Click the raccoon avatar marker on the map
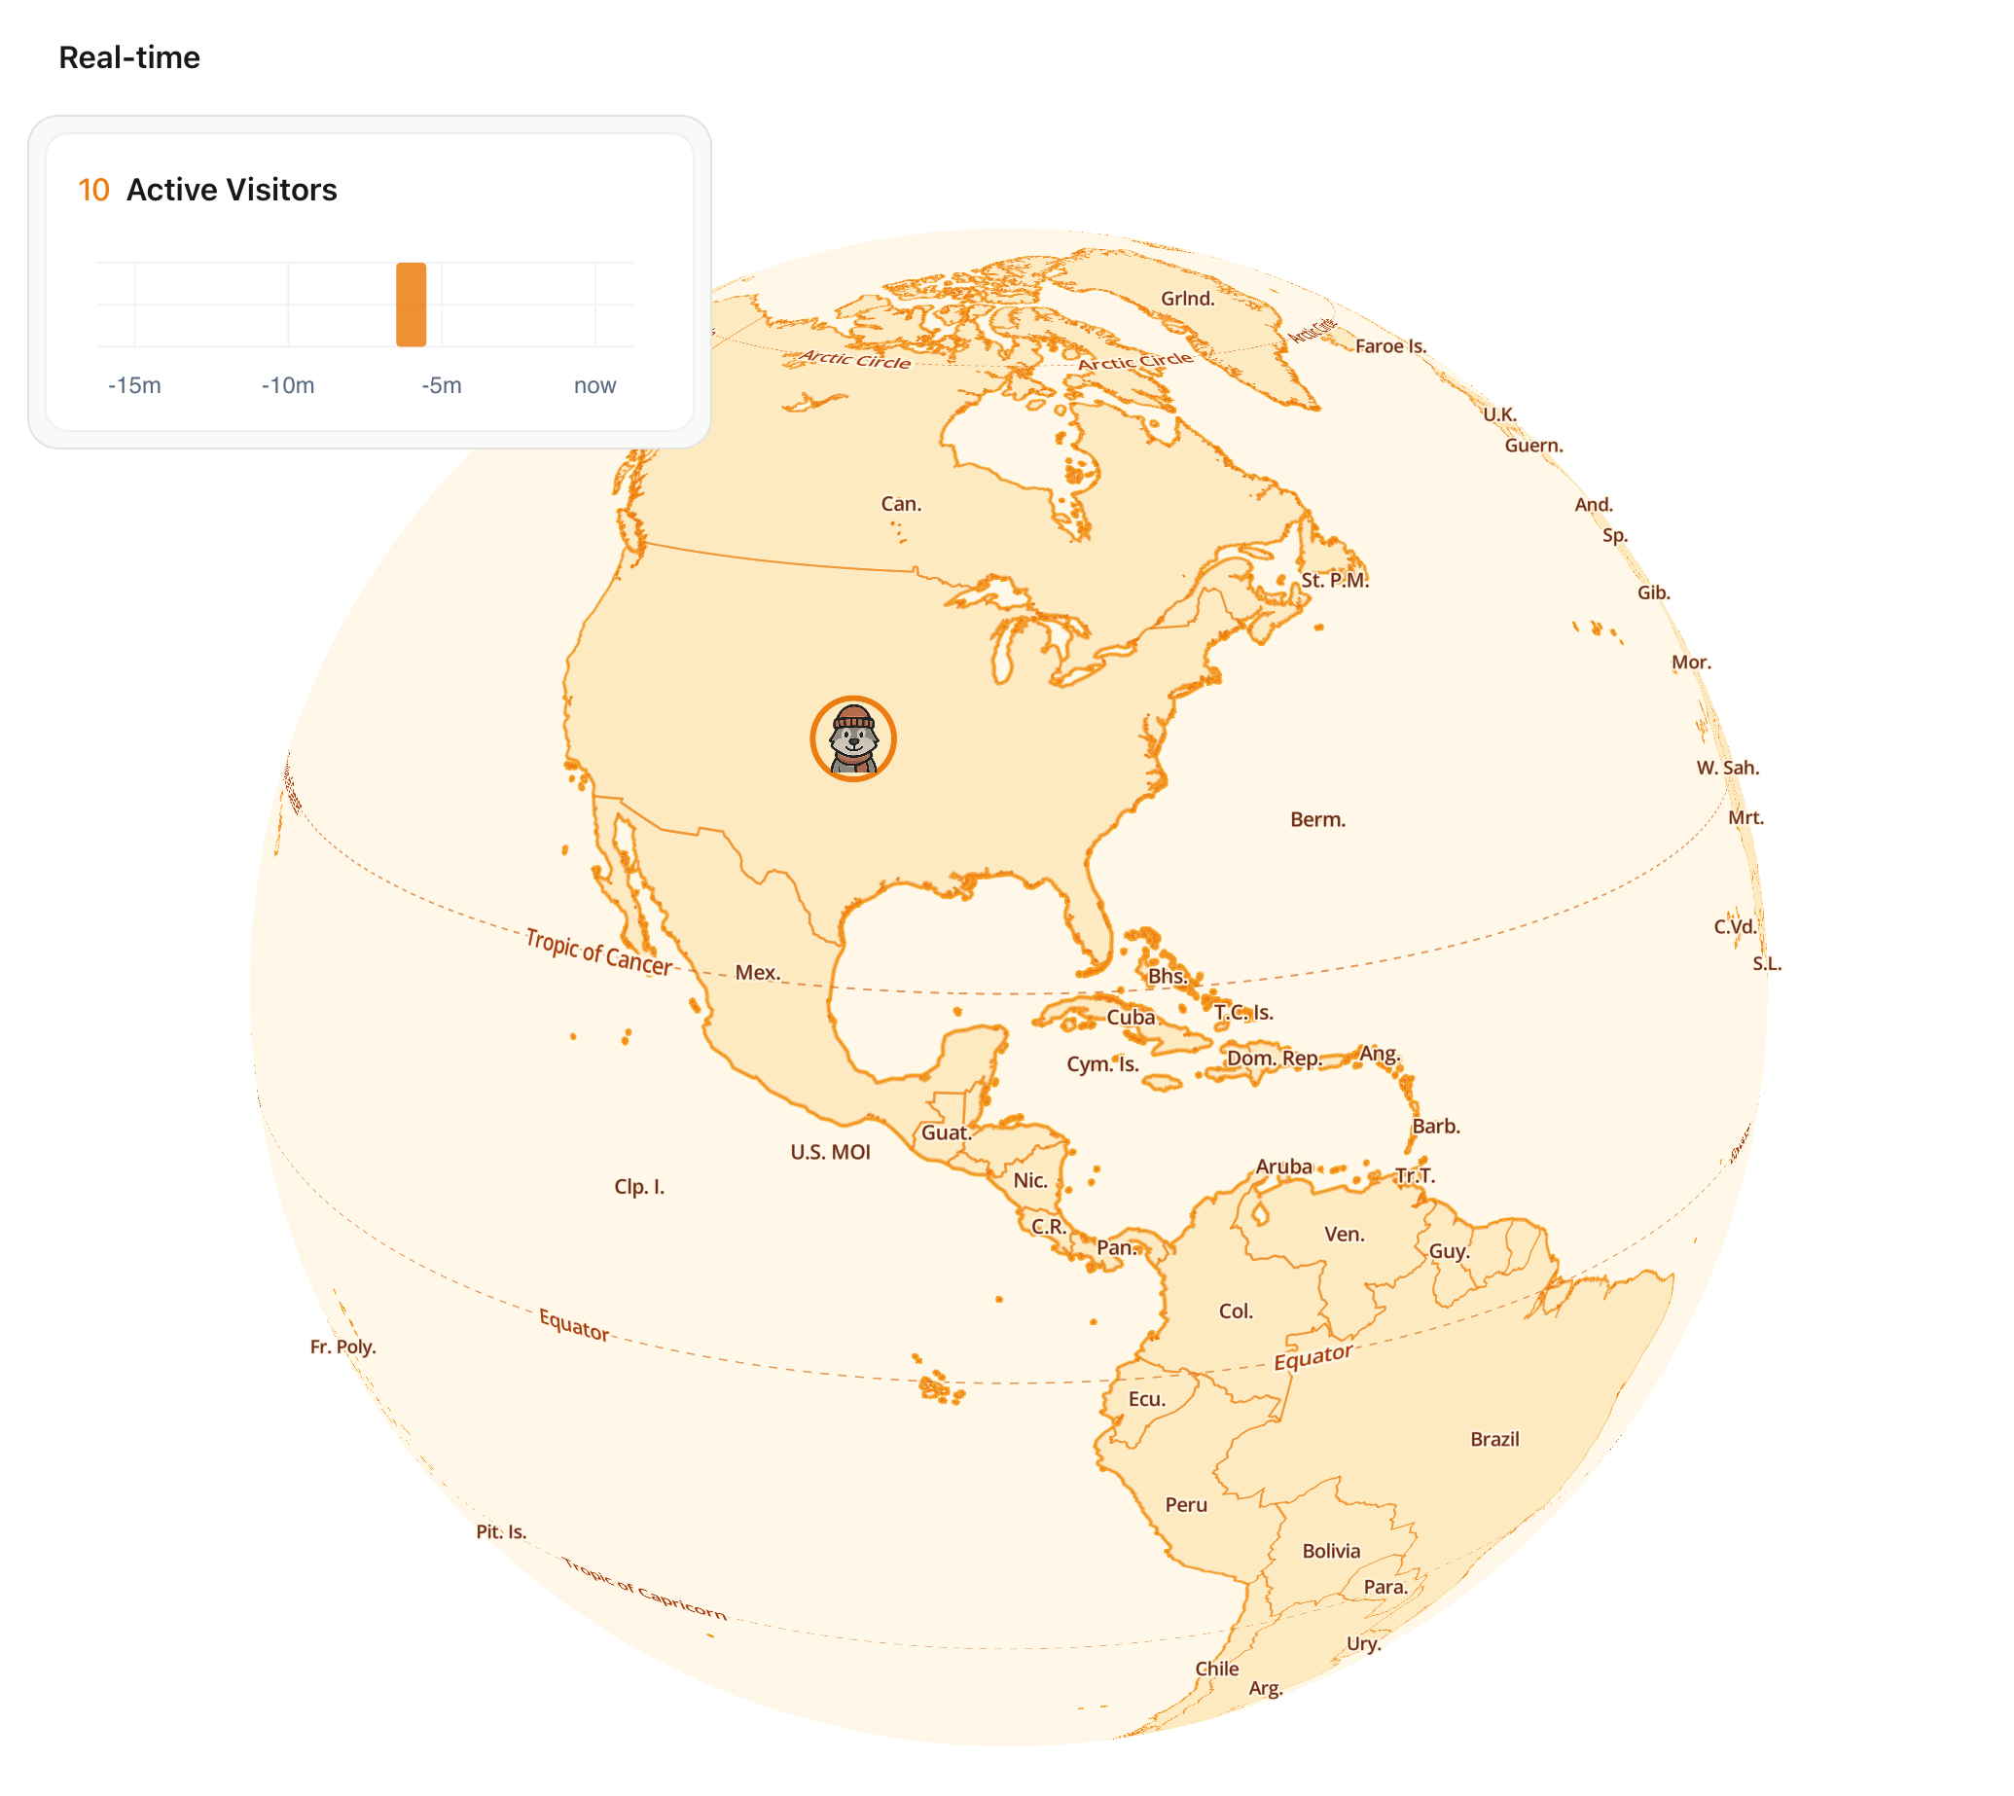tap(852, 739)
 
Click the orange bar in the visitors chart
tap(411, 304)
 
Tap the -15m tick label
tap(134, 385)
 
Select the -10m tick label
tap(287, 385)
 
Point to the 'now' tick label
tap(594, 385)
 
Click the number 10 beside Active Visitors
tap(93, 190)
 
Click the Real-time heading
tap(129, 57)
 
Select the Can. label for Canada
tap(900, 503)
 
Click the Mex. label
tap(757, 972)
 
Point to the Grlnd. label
tap(1186, 298)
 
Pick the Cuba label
tap(1130, 1017)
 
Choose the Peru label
tap(1185, 1504)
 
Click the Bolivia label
tap(1330, 1550)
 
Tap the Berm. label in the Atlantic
tap(1316, 819)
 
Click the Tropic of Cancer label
tap(598, 952)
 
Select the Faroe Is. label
tap(1389, 345)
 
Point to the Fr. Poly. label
tap(342, 1346)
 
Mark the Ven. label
tap(1343, 1234)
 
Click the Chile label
tap(1216, 1668)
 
